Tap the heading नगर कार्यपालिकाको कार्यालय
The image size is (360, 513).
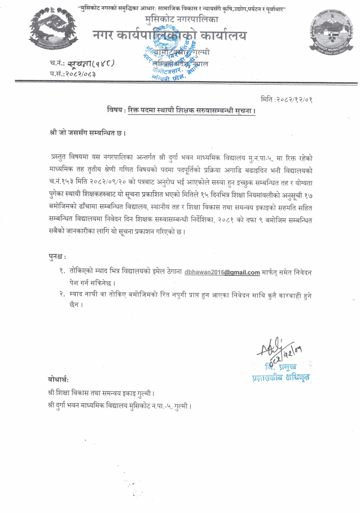point(169,36)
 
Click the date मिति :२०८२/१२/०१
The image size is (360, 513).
point(286,99)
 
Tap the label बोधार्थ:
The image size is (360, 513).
point(59,379)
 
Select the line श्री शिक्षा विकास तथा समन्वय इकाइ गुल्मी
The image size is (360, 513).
point(102,392)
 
